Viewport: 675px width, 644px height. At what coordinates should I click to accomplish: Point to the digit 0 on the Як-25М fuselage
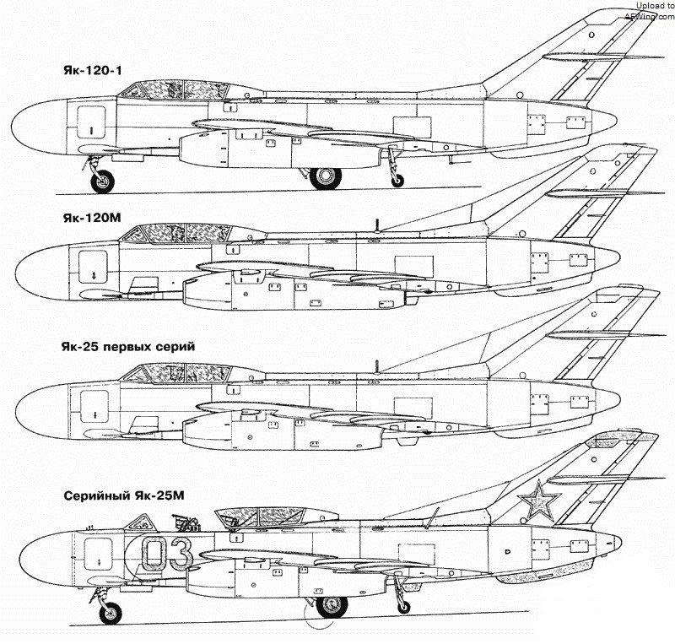tap(154, 555)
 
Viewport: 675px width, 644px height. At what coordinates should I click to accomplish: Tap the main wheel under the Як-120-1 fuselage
tap(325, 178)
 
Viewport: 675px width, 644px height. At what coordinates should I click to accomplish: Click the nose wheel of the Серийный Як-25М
tap(110, 614)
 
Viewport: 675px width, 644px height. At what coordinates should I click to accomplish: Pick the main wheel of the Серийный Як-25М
tap(331, 607)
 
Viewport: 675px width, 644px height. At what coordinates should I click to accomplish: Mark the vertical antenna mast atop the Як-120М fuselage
tap(377, 224)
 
